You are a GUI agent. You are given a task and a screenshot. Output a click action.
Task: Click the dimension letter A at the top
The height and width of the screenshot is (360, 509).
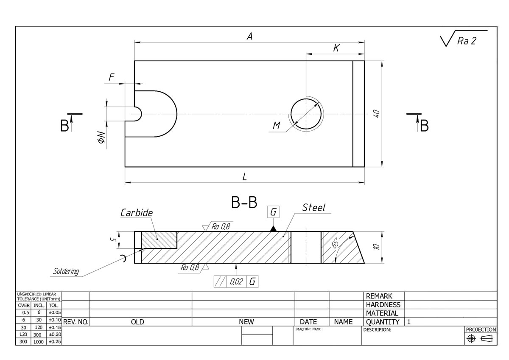[250, 37]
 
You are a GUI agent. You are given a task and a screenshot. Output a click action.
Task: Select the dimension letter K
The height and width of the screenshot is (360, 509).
[336, 48]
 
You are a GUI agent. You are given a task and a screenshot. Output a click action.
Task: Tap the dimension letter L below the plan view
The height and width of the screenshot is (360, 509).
[244, 177]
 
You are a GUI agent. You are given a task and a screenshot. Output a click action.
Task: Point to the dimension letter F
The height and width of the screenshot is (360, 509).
[112, 77]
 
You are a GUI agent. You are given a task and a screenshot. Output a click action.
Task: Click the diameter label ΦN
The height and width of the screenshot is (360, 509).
[101, 137]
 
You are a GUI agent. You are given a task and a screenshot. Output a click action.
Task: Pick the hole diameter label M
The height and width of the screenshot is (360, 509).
[277, 125]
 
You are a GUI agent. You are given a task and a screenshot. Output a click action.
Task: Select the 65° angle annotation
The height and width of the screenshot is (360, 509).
[335, 243]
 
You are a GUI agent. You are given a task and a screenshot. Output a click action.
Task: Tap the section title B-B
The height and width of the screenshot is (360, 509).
[244, 203]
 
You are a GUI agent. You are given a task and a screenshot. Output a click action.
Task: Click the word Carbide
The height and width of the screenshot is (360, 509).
[136, 213]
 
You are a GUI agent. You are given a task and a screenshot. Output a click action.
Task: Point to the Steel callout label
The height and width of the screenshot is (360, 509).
[313, 208]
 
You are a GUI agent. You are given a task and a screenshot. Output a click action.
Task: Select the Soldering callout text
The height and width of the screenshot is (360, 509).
[66, 271]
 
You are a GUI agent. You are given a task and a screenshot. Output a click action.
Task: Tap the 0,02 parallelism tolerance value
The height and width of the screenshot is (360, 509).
[236, 281]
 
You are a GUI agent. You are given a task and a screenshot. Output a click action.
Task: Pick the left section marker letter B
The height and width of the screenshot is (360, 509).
[64, 126]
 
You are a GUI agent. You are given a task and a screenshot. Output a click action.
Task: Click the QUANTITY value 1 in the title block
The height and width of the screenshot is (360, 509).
[409, 322]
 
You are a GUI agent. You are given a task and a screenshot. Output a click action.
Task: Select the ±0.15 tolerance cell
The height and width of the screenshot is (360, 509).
[54, 327]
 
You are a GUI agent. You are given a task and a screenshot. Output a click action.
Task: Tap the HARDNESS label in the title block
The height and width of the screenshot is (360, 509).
[383, 304]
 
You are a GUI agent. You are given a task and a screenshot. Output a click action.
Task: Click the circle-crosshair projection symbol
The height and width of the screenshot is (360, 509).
[470, 338]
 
